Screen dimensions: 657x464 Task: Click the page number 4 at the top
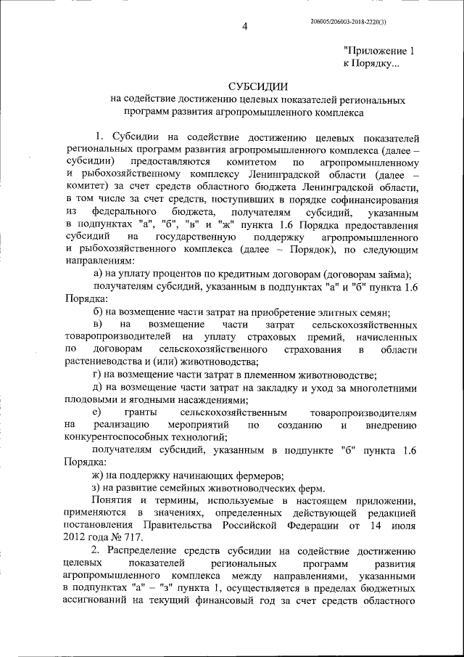click(245, 28)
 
